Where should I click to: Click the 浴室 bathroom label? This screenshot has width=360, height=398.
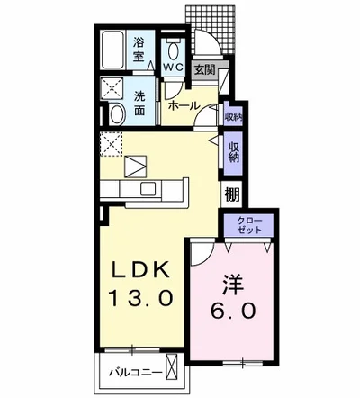[x=140, y=48]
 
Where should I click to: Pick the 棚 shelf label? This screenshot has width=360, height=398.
[x=232, y=194]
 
